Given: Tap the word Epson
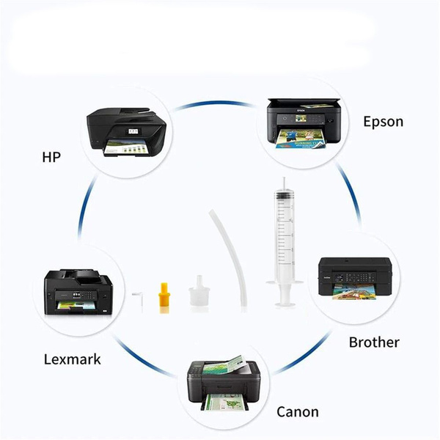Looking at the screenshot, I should (x=383, y=121).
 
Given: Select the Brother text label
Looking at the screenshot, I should (x=374, y=342).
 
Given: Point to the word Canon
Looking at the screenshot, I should (x=297, y=411).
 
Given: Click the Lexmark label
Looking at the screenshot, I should (x=73, y=359).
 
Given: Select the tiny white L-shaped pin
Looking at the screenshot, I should (x=136, y=296).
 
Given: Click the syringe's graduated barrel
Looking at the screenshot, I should (x=283, y=235).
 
